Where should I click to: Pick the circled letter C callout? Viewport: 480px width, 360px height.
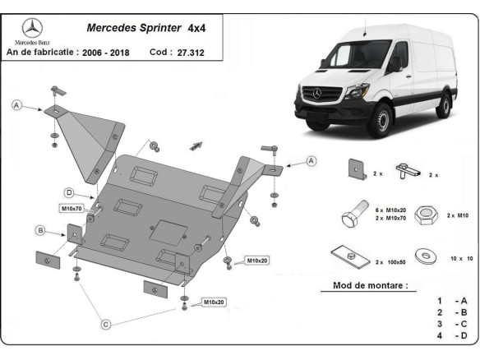click(106, 325)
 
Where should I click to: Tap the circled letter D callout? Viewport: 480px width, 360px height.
click(71, 192)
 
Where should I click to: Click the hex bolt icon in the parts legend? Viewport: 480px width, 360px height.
click(351, 218)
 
